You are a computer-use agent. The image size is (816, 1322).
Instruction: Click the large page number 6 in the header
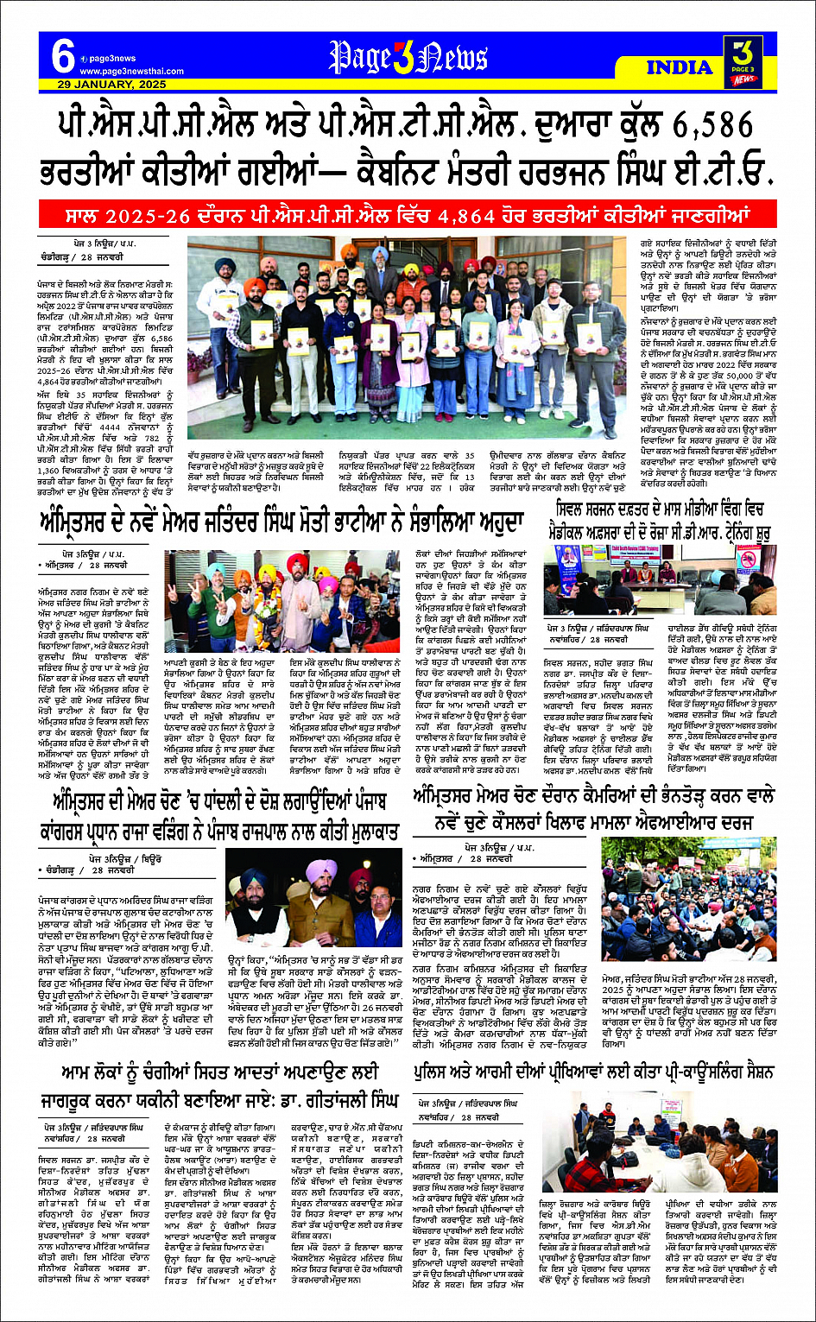63,57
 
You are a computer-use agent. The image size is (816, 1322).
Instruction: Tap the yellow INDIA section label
679,67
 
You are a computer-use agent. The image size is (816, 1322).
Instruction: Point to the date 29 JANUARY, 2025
112,85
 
